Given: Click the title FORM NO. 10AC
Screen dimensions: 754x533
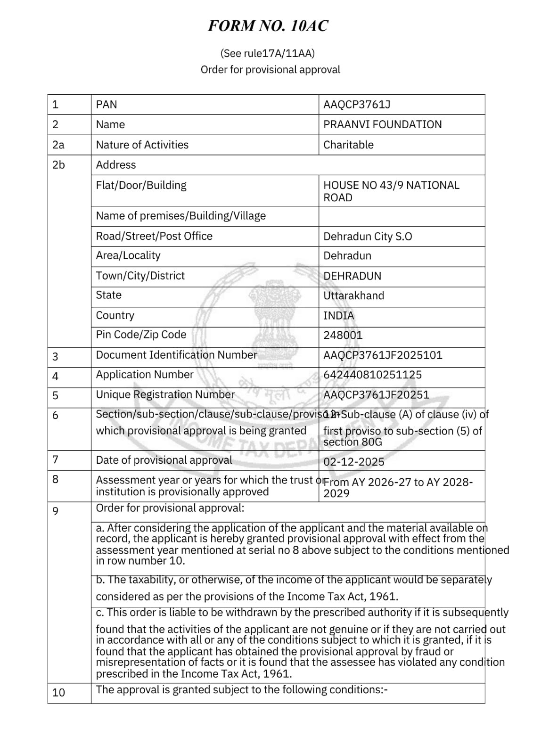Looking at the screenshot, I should coord(268,26).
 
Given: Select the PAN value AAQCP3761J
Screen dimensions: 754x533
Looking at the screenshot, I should coord(357,105).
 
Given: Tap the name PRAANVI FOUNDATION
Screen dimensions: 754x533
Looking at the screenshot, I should coord(382,125).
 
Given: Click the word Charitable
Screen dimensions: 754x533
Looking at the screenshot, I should coord(348,145).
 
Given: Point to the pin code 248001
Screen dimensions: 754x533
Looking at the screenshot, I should coord(343,336).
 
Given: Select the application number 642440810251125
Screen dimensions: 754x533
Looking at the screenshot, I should coord(372,375).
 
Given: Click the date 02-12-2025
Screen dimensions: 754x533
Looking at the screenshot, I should coord(353,462).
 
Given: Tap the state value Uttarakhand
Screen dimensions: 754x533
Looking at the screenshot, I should coord(353,296).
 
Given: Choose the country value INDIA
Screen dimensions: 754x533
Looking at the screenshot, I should coord(338,316).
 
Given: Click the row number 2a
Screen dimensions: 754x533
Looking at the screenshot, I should coord(58,145).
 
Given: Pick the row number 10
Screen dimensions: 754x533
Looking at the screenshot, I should coord(58,693).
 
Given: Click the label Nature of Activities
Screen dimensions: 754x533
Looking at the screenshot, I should coord(142,145).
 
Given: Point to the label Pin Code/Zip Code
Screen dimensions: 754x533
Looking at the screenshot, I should coord(141,335).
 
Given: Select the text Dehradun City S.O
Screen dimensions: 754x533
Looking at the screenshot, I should coord(368,237).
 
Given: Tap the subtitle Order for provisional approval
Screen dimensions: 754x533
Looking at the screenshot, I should coord(270,70).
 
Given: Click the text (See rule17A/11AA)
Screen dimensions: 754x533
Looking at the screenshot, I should coord(267,53).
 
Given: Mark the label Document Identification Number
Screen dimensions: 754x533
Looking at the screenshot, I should coord(176,355).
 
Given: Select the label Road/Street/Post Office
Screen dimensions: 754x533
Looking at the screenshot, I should coord(154,236).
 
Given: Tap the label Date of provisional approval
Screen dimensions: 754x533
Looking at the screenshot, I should coord(164,460).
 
